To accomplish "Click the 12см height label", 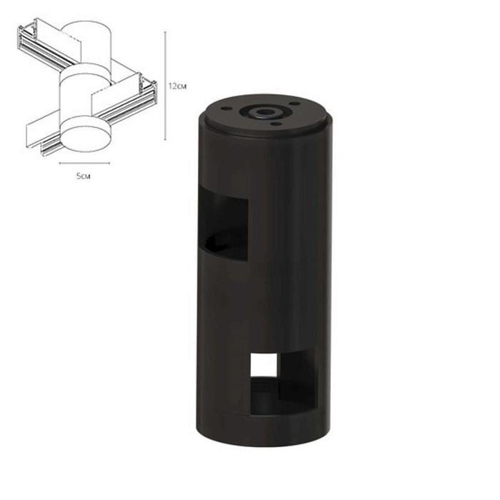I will click(x=177, y=84).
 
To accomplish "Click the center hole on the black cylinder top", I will click(x=268, y=112).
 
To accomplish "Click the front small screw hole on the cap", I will click(x=275, y=126).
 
